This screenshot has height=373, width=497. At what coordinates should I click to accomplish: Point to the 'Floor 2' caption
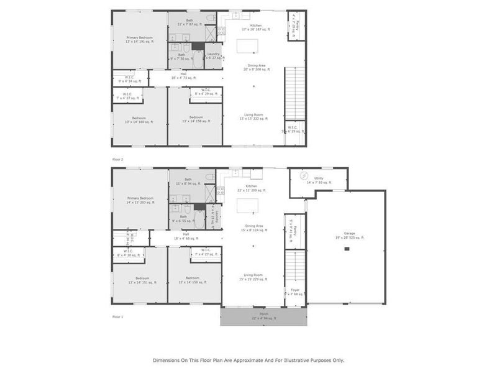[x=117, y=159]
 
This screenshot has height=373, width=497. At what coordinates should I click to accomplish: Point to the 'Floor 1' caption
[x=117, y=316]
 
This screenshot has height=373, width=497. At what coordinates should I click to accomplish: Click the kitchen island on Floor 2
[x=248, y=47]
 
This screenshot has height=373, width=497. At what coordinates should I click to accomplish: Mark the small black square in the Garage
[x=347, y=249]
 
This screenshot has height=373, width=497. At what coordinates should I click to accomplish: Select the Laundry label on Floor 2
[x=213, y=56]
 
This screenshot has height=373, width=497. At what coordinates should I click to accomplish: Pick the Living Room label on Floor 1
[x=253, y=276]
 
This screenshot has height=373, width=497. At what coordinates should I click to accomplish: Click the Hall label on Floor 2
[x=185, y=76]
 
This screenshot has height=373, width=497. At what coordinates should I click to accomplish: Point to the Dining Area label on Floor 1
[x=253, y=228]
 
